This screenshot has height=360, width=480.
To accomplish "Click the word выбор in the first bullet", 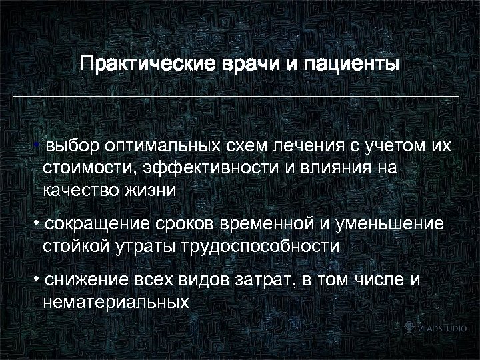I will [x=72, y=145].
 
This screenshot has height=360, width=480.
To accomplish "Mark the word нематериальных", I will [x=115, y=301].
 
